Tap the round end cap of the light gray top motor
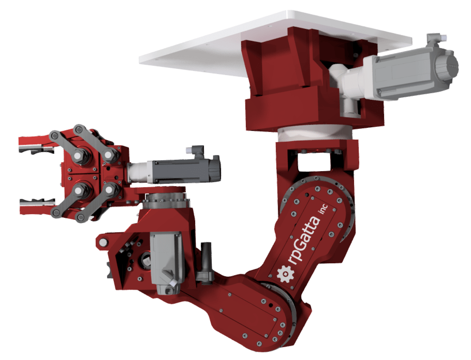click(x=446, y=66)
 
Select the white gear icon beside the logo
click(x=284, y=274)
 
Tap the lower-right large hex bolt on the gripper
click(x=110, y=190)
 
